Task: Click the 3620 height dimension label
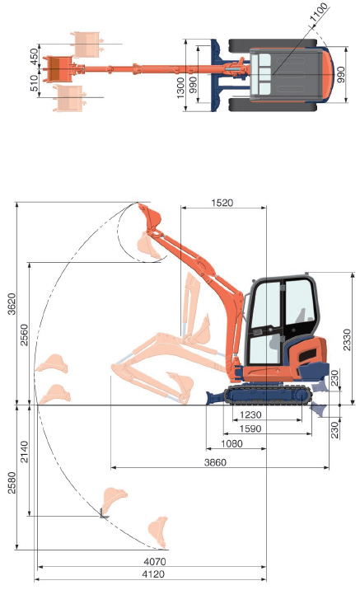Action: (12, 304)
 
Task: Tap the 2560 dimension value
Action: (24, 335)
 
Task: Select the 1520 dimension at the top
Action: (222, 203)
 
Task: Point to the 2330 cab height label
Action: (347, 339)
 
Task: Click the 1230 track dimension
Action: (250, 414)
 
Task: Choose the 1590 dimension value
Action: (250, 428)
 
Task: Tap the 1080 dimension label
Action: (231, 443)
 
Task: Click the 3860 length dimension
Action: (215, 462)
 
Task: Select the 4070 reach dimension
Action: (155, 562)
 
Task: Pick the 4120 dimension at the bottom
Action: (153, 574)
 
